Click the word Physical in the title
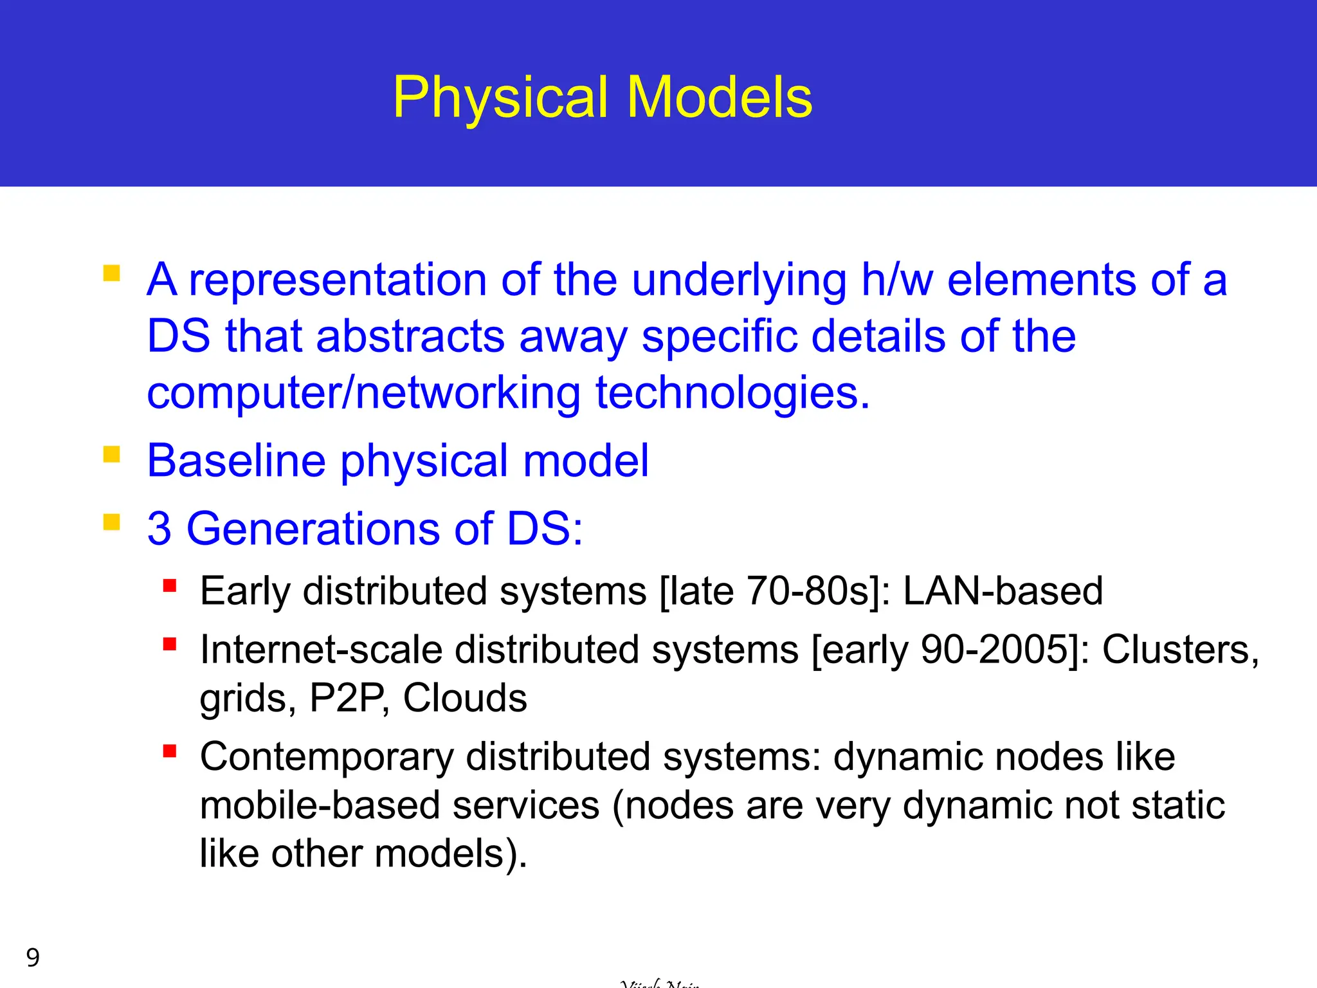(500, 98)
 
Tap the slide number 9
(33, 958)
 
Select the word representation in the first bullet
(337, 280)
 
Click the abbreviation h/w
(896, 280)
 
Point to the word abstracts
(410, 336)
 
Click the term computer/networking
(363, 393)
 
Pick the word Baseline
(236, 461)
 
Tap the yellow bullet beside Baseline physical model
(112, 455)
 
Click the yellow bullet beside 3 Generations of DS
(112, 522)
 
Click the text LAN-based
(1003, 590)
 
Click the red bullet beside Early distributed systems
(170, 585)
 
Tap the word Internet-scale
(321, 649)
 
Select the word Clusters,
(1180, 649)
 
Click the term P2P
(349, 698)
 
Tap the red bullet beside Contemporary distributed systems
(170, 751)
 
